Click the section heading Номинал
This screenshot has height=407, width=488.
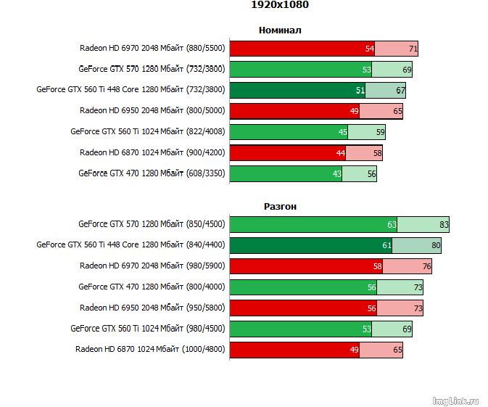click(279, 30)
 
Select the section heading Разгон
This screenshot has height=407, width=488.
click(280, 207)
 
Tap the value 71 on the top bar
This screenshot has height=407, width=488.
click(413, 49)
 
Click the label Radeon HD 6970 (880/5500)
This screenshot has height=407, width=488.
click(152, 49)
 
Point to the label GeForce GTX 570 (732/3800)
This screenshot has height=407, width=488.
click(152, 70)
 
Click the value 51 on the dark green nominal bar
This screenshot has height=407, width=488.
click(360, 91)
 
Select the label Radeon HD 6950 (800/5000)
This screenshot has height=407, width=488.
click(152, 111)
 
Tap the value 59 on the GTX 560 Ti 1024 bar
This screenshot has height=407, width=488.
click(380, 133)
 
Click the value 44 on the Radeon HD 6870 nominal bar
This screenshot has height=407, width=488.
click(340, 153)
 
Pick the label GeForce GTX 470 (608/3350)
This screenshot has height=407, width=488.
click(152, 173)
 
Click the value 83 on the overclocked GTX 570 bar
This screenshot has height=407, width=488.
click(444, 226)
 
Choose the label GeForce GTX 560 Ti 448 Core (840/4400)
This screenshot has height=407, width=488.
click(131, 245)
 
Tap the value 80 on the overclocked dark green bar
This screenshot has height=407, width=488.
click(436, 246)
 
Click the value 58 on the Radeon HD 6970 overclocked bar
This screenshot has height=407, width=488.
click(377, 267)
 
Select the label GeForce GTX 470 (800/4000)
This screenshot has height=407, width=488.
click(152, 287)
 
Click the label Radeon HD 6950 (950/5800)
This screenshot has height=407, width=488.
click(152, 308)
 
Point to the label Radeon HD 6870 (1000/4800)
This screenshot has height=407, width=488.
click(150, 349)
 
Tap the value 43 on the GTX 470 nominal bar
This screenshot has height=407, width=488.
click(336, 174)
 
